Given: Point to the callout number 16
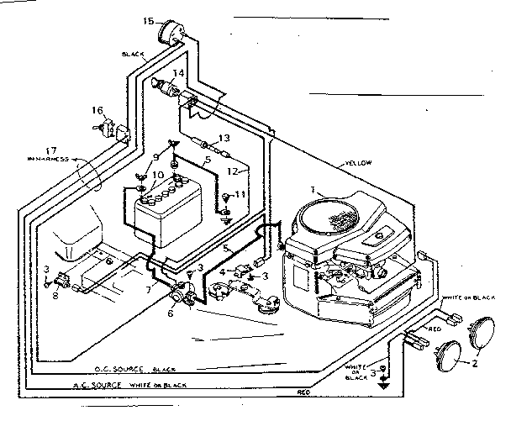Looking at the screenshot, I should click(x=97, y=110).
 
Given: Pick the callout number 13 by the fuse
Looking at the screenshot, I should click(x=224, y=138).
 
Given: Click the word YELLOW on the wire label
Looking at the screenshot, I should click(x=357, y=162).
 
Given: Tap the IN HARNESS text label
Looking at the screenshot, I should click(x=47, y=159).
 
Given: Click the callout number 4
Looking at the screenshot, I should click(x=222, y=271).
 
